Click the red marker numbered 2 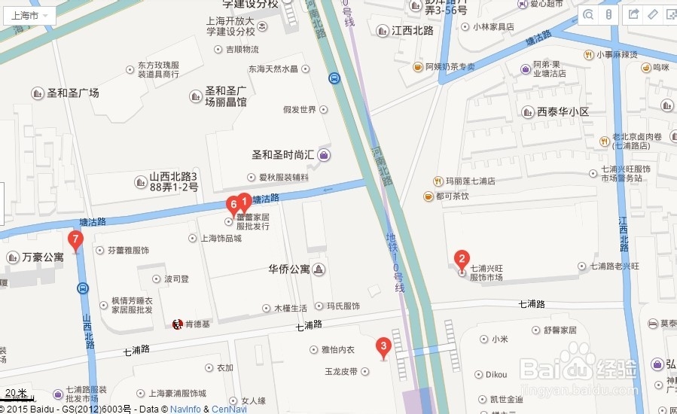[462, 260]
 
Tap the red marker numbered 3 [383, 347]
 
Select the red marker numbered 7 [75, 240]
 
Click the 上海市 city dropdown [29, 15]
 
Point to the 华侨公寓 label [289, 269]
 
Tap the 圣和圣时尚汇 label [282, 154]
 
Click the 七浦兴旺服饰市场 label [486, 272]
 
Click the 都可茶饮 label [452, 196]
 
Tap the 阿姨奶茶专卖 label [450, 67]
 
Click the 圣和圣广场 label [72, 93]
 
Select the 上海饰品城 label [221, 239]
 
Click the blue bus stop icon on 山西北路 [83, 288]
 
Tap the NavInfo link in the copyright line [185, 409]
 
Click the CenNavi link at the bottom [229, 409]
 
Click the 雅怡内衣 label [337, 349]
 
